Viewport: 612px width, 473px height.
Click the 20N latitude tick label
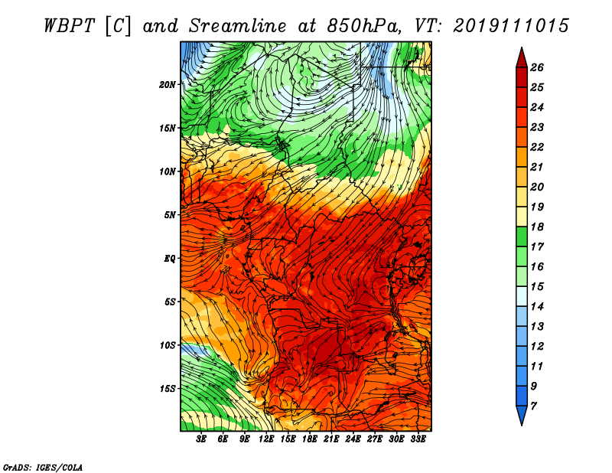168,85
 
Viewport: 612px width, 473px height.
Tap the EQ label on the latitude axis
170,259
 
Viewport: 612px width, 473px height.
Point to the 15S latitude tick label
168,389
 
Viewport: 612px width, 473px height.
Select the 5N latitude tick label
170,215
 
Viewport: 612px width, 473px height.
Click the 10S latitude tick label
168,346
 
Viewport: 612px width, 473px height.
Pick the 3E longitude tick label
201,439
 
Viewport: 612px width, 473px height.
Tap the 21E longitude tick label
331,439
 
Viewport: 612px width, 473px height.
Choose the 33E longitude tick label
418,439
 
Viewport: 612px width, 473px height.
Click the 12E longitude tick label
266,439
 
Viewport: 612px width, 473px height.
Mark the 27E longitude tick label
375,439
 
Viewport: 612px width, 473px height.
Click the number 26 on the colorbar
537,67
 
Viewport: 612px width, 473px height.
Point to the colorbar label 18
537,227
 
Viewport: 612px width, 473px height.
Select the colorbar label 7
533,406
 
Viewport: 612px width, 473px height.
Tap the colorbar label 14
537,307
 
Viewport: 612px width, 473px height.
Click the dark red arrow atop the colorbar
522,58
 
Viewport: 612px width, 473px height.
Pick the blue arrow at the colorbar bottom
522,416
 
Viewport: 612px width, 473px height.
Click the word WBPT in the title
70,26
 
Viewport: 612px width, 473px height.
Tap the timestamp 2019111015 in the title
511,26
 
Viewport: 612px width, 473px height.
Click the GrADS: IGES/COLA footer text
43,468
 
